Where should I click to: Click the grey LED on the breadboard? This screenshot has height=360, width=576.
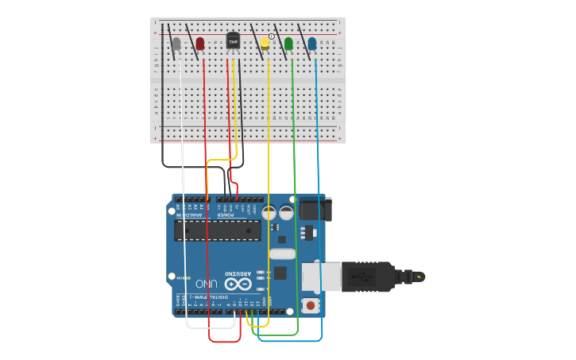(176, 44)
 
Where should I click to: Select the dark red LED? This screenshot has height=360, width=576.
(200, 43)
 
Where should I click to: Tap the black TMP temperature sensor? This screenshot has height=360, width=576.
(233, 40)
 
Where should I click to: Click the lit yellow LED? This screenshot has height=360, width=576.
(265, 44)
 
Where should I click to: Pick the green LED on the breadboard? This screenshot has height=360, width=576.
(288, 44)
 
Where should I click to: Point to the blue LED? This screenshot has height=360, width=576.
(311, 44)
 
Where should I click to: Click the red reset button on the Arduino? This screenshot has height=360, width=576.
(310, 304)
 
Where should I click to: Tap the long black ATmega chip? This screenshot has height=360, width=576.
(218, 230)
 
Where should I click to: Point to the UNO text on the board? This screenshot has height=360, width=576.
(207, 283)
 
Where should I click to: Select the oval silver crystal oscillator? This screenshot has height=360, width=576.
(282, 254)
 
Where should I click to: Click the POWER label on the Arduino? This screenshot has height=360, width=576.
(226, 215)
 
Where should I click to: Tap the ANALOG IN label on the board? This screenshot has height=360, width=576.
(188, 215)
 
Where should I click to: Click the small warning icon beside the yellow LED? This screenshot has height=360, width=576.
(271, 37)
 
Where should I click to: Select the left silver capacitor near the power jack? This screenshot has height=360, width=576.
(269, 213)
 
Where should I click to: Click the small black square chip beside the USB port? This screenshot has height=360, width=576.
(280, 273)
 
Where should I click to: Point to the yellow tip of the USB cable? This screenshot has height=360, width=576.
(419, 277)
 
